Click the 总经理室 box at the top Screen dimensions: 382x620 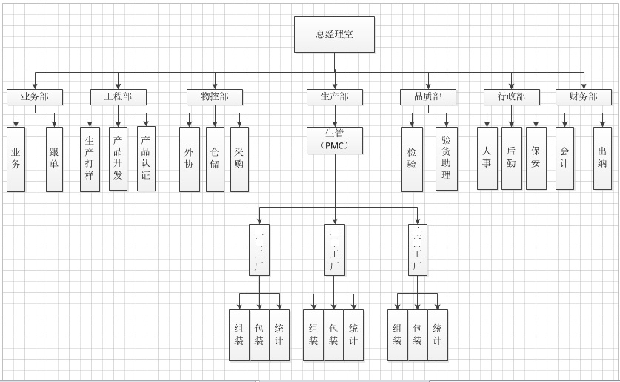point(334,35)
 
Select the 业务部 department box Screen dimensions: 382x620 point(35,97)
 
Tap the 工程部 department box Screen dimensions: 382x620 point(119,97)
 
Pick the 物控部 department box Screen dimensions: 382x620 point(214,97)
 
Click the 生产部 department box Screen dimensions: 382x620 point(335,97)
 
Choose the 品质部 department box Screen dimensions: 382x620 point(422,97)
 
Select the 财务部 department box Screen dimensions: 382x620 point(583,97)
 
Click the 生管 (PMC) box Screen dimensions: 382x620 point(335,140)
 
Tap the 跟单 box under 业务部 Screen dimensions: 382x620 point(54,159)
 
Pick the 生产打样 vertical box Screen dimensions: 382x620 point(90,159)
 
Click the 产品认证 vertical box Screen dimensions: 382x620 point(146,159)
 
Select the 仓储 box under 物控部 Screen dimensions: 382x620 point(214,159)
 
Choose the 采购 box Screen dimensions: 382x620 point(239,159)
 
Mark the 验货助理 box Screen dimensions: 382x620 point(446,159)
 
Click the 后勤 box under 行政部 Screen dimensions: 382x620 point(511,158)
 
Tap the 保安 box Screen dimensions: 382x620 point(536,158)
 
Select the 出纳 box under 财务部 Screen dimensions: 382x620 point(602,158)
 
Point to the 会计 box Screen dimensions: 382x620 point(564,158)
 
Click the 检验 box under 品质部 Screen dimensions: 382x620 point(412,159)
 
